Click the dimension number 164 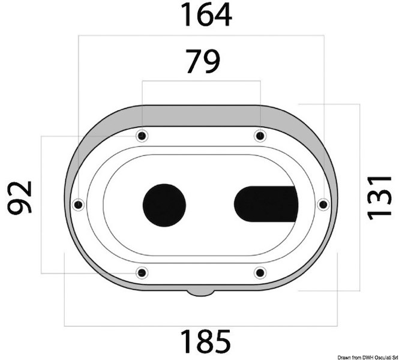tap(206, 14)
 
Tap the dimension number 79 tap(203, 61)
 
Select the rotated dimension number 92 tap(20, 197)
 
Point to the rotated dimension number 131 tap(379, 197)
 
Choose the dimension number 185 tap(206, 341)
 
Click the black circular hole tap(164, 205)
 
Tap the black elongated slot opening tap(266, 204)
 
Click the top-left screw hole tap(142, 136)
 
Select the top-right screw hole tap(260, 136)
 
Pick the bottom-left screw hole tap(142, 273)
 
